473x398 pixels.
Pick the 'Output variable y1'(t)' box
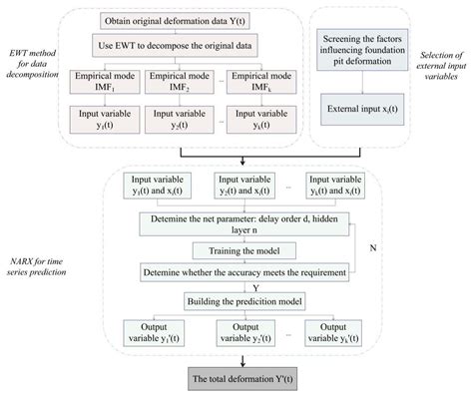pyautogui.click(x=149, y=332)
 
